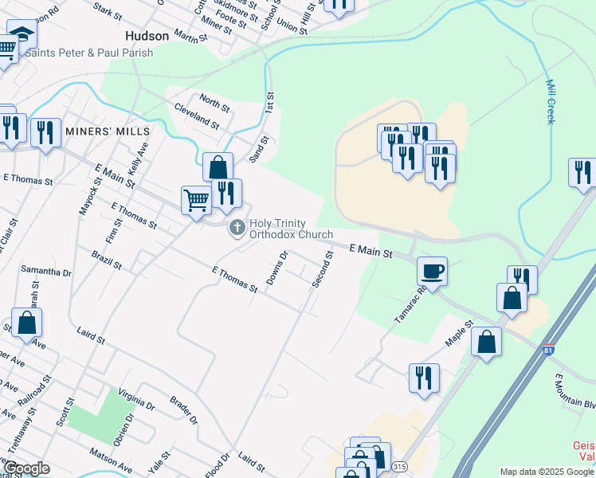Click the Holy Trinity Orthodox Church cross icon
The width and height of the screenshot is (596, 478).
237,229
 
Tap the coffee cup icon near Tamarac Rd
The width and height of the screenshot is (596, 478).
432,271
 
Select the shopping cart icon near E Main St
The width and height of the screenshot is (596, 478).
196,200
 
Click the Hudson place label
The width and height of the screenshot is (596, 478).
147,37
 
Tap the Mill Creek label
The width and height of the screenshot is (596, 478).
550,101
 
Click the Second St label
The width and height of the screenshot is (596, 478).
322,270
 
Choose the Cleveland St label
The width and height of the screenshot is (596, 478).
197,116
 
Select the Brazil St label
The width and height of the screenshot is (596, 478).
106,259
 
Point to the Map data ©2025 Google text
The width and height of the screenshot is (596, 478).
547,472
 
